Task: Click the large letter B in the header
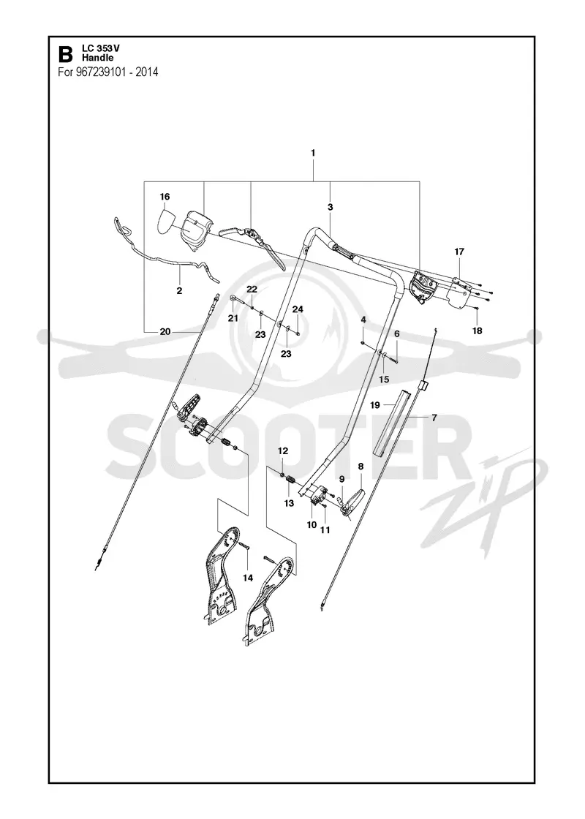65,54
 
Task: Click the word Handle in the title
97,58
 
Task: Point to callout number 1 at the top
313,153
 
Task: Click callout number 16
165,197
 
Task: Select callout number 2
180,291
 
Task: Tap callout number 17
459,252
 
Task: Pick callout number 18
477,331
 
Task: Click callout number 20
165,331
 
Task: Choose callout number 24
298,309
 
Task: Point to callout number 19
375,405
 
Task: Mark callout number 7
434,418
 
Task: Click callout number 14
248,578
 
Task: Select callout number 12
282,450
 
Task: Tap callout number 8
360,466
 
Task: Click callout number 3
330,208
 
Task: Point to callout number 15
384,380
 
